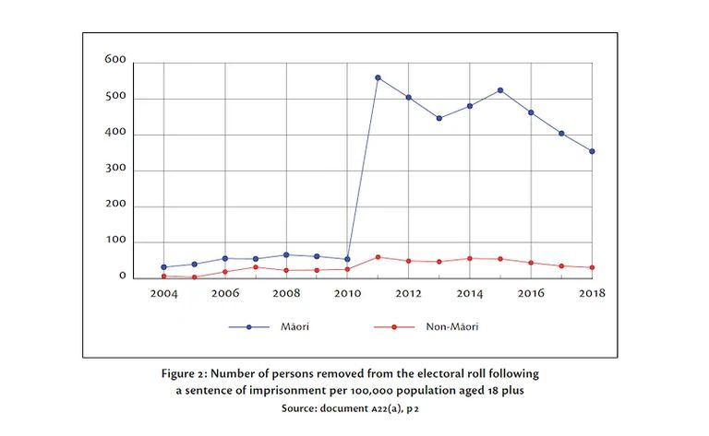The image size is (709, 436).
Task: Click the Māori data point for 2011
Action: click(x=378, y=77)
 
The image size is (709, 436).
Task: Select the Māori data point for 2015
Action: click(x=499, y=90)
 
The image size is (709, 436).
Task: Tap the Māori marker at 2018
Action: click(x=592, y=151)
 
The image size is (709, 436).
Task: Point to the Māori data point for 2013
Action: click(x=439, y=118)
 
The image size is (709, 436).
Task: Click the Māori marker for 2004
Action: click(x=163, y=267)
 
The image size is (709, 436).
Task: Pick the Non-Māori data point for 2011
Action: click(x=378, y=257)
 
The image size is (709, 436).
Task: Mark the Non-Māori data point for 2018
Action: click(x=592, y=267)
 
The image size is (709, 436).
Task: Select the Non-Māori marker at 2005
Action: click(x=194, y=277)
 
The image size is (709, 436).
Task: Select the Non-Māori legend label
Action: click(x=452, y=326)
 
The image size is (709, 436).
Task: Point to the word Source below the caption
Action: click(x=279, y=407)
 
